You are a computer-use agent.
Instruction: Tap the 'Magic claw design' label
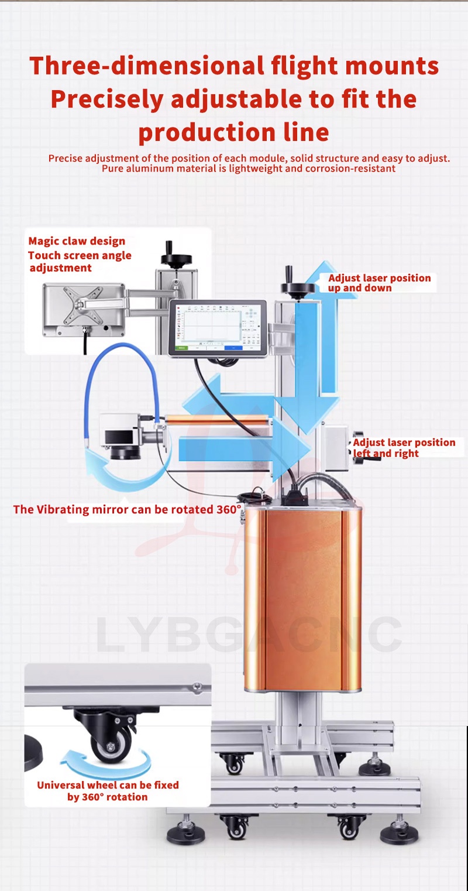click(x=77, y=241)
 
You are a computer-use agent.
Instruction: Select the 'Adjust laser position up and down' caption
click(x=379, y=283)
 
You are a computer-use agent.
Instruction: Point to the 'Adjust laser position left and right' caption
click(x=404, y=448)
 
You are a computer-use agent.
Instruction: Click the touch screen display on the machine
click(x=217, y=328)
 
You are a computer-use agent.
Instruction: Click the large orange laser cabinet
click(x=302, y=597)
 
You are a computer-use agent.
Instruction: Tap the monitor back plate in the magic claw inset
click(x=83, y=309)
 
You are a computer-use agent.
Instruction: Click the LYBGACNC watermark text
click(x=249, y=635)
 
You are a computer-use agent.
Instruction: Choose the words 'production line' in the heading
click(x=233, y=133)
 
